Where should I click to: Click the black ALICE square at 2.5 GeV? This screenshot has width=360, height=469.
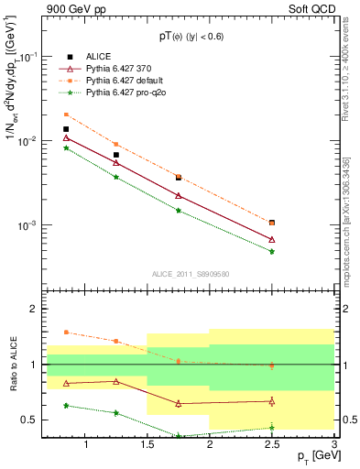(x=272, y=223)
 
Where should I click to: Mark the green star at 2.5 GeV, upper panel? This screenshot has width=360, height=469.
(x=272, y=251)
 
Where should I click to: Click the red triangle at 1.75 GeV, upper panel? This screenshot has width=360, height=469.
(x=179, y=195)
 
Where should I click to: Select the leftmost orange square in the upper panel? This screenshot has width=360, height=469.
(x=66, y=115)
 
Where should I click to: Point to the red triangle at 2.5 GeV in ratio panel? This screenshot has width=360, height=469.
(x=272, y=401)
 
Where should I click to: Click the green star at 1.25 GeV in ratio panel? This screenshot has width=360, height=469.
(x=115, y=412)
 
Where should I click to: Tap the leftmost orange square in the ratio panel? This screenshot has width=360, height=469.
(x=66, y=333)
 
